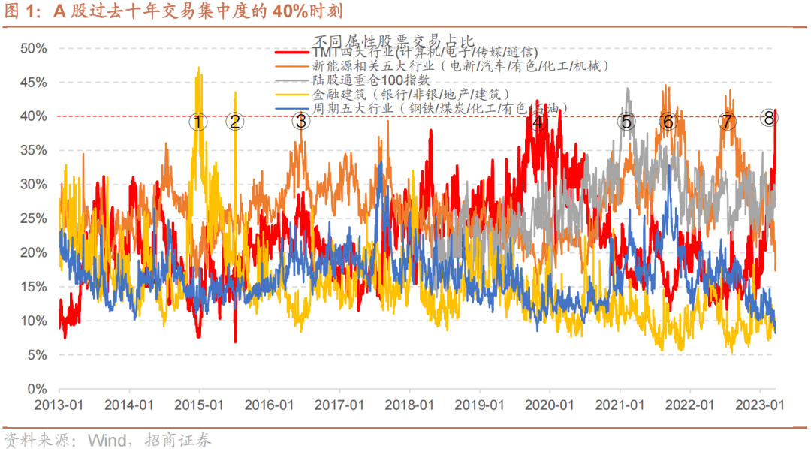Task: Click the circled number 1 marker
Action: pos(197,122)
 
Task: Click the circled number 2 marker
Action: pos(235,122)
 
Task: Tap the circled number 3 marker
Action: pos(300,120)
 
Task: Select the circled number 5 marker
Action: pos(626,122)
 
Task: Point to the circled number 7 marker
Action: pos(726,122)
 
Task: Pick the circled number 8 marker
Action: pos(768,117)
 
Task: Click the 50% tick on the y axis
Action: pos(32,48)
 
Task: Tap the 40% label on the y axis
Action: pos(32,116)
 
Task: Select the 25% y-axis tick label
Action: pos(32,218)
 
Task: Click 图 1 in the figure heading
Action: pos(18,13)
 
